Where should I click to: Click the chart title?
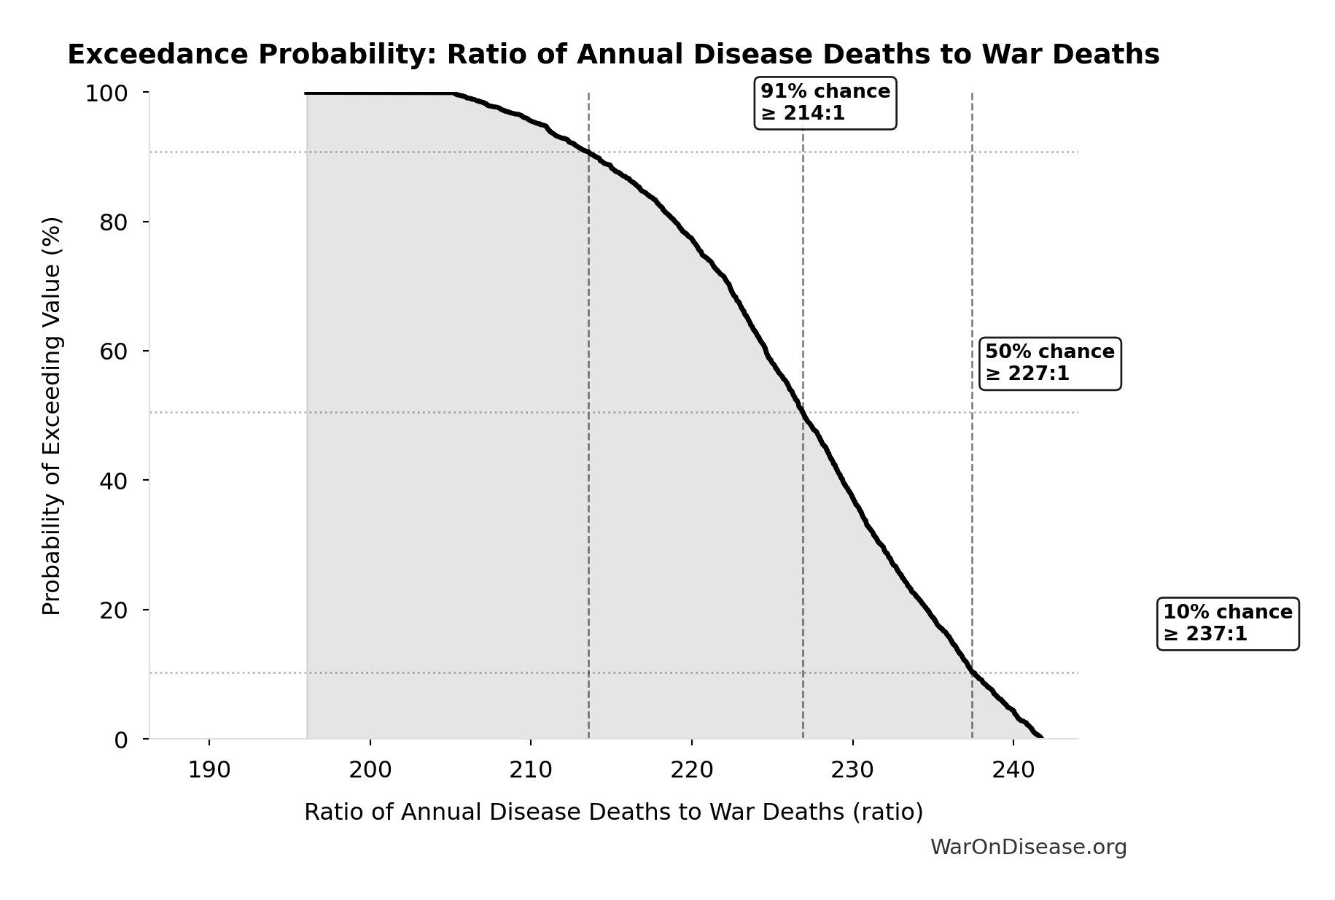[x=613, y=55]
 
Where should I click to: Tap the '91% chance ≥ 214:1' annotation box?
[x=825, y=103]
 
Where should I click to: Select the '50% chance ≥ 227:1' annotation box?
[x=1049, y=363]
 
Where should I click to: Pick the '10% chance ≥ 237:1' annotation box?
[x=1227, y=623]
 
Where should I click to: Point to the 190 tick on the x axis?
[x=209, y=769]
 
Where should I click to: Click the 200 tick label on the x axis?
[x=370, y=769]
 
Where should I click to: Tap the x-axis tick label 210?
[x=531, y=769]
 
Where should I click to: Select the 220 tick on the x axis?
[x=692, y=769]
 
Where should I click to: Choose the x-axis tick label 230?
[x=852, y=769]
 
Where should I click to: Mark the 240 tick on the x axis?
[x=1013, y=769]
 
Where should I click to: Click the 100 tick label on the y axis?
[x=106, y=93]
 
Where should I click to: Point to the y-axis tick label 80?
[x=114, y=222]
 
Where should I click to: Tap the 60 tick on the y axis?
[x=114, y=351]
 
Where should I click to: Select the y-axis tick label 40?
[x=114, y=481]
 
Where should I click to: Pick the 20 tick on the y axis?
[x=114, y=610]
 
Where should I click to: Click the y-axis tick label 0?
[x=121, y=740]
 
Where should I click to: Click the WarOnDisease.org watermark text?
[x=1028, y=847]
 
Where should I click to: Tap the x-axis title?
[x=613, y=812]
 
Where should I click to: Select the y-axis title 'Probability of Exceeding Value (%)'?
[x=51, y=416]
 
